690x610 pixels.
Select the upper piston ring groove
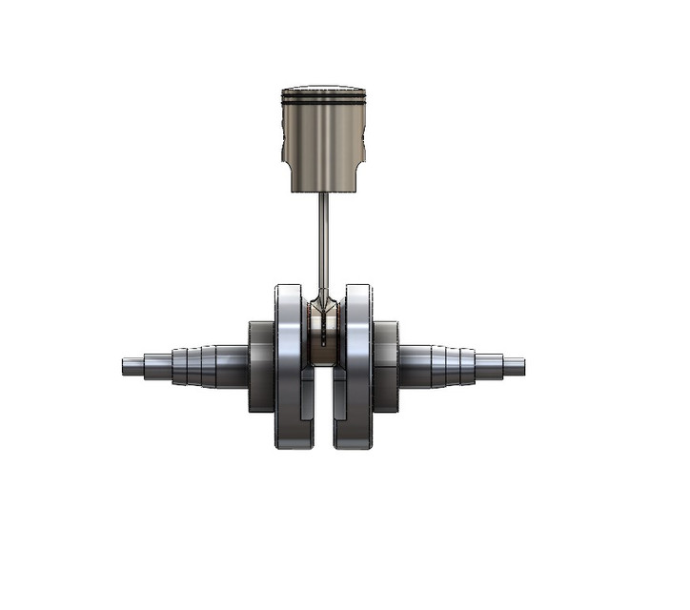point(323,95)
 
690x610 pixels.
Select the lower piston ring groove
point(323,102)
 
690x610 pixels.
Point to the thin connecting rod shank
point(323,238)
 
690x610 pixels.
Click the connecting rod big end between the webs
point(323,329)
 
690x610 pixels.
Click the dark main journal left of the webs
point(260,366)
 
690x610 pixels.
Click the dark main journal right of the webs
point(386,366)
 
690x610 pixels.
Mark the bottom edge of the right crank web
point(354,447)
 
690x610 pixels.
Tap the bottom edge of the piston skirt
point(323,190)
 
